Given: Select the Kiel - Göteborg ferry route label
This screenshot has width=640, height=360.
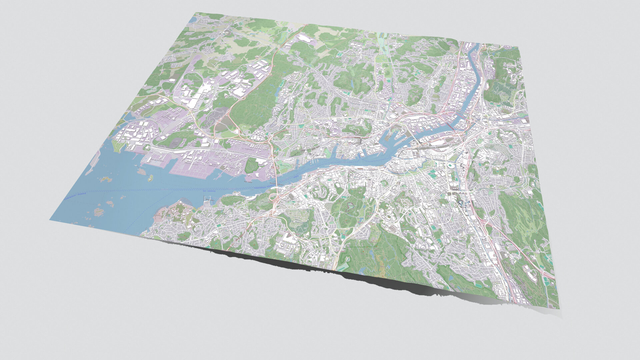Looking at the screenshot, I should (x=209, y=191).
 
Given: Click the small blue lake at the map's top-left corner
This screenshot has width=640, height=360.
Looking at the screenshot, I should (x=193, y=20).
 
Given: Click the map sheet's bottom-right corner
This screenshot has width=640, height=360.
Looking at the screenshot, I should (x=559, y=308).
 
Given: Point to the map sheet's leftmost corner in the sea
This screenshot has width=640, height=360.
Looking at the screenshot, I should (x=50, y=220).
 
